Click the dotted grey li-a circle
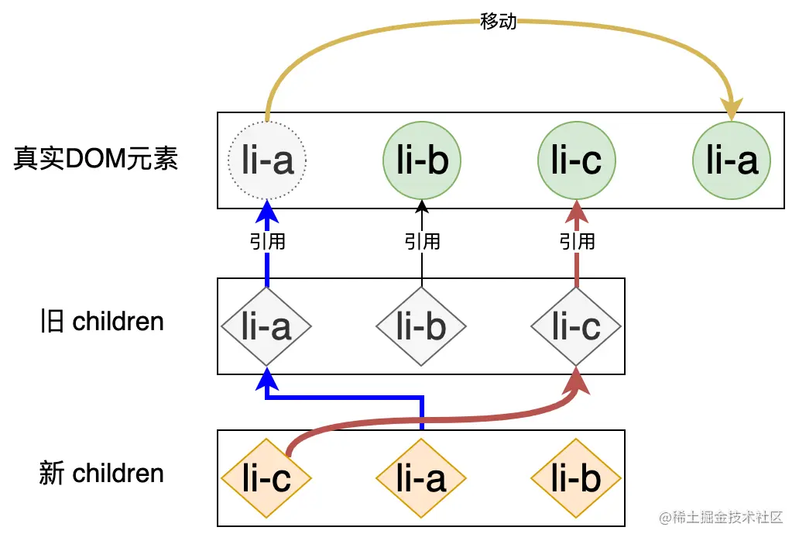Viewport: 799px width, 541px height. (x=267, y=160)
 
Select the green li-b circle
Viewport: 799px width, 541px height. (x=422, y=160)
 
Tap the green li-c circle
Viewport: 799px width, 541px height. (x=577, y=160)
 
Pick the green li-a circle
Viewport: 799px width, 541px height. (x=732, y=160)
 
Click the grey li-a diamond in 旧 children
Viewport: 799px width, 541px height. (x=267, y=326)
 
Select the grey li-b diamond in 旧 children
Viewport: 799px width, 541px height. (x=422, y=326)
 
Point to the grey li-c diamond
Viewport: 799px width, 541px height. (x=577, y=326)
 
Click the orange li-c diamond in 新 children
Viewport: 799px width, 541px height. (x=267, y=478)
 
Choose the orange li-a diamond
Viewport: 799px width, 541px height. (x=422, y=478)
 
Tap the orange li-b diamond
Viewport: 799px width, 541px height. (x=577, y=478)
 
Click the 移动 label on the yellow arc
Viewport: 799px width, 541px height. (x=499, y=22)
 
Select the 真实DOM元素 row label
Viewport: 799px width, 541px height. (x=96, y=159)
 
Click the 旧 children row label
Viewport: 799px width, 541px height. (x=101, y=322)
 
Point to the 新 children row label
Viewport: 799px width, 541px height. (x=101, y=474)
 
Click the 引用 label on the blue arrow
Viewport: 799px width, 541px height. (x=267, y=242)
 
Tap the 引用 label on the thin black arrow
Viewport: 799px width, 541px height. (x=422, y=242)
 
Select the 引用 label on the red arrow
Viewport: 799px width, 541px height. (x=577, y=242)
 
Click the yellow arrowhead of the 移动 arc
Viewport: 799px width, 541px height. (x=731, y=109)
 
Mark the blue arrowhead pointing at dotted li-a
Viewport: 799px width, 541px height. (x=267, y=210)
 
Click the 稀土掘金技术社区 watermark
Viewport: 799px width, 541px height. (x=721, y=517)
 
